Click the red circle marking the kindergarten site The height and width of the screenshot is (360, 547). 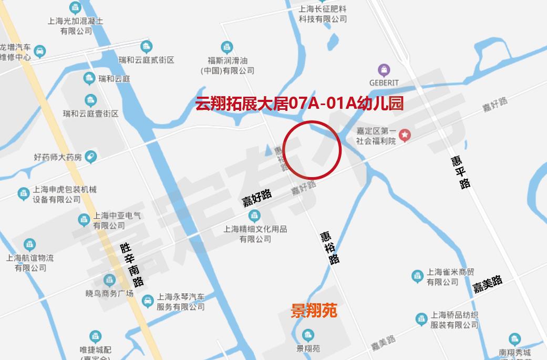click(x=313, y=150)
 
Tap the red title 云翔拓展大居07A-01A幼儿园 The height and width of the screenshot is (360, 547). click(x=299, y=104)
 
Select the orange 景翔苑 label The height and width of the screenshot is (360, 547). click(x=314, y=311)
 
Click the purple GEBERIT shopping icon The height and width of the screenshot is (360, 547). click(x=384, y=70)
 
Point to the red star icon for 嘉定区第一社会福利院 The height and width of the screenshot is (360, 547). click(x=405, y=136)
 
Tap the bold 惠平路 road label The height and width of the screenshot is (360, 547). click(x=461, y=172)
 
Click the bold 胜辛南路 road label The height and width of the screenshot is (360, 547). click(x=131, y=264)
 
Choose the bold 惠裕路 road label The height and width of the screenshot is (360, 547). click(x=330, y=248)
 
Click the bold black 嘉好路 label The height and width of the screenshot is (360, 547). click(x=257, y=198)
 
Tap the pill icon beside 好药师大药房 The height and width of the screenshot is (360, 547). click(x=90, y=157)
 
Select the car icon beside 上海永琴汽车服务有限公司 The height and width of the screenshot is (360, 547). click(x=148, y=300)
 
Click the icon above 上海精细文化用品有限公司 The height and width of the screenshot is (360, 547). click(x=255, y=215)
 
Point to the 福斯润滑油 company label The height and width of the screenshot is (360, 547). click(x=227, y=65)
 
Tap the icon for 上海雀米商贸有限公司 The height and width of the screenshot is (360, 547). click(x=417, y=276)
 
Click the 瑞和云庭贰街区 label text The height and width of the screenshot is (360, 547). click(x=146, y=60)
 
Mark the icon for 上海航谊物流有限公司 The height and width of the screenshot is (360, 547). click(x=30, y=244)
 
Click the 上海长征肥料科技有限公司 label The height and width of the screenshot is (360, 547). click(x=323, y=14)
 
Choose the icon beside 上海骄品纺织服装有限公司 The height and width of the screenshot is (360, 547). click(x=421, y=319)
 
